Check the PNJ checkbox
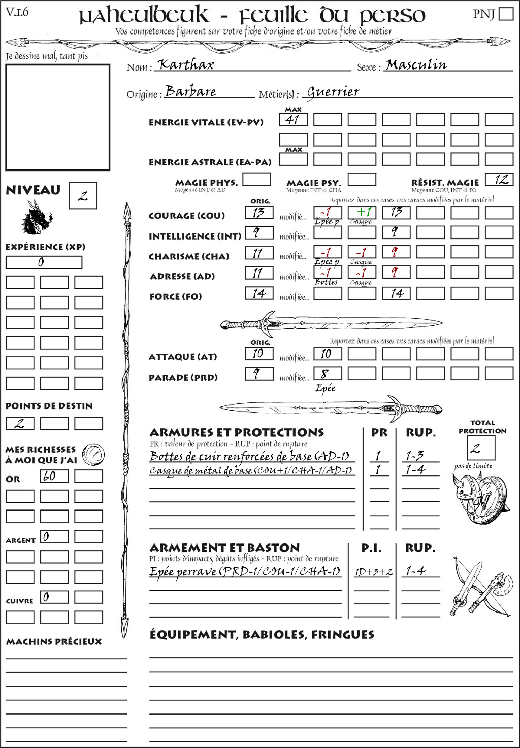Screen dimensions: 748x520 506,14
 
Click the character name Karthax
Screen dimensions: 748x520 186,65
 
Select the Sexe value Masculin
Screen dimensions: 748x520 416,65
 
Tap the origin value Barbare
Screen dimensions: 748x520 191,92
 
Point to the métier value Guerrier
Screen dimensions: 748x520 333,92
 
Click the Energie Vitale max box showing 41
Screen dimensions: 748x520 293,120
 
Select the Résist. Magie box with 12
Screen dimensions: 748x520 499,180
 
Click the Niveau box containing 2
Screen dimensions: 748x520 83,196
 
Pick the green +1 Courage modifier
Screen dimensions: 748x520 362,212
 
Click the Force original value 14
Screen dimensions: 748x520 259,293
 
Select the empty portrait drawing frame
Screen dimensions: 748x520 58,117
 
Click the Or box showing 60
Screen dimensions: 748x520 54,476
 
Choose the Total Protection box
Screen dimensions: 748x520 480,448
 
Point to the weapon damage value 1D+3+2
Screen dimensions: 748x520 373,572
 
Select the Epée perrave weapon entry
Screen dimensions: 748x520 245,572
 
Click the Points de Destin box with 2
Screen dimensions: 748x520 20,423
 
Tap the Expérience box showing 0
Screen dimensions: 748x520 44,262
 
